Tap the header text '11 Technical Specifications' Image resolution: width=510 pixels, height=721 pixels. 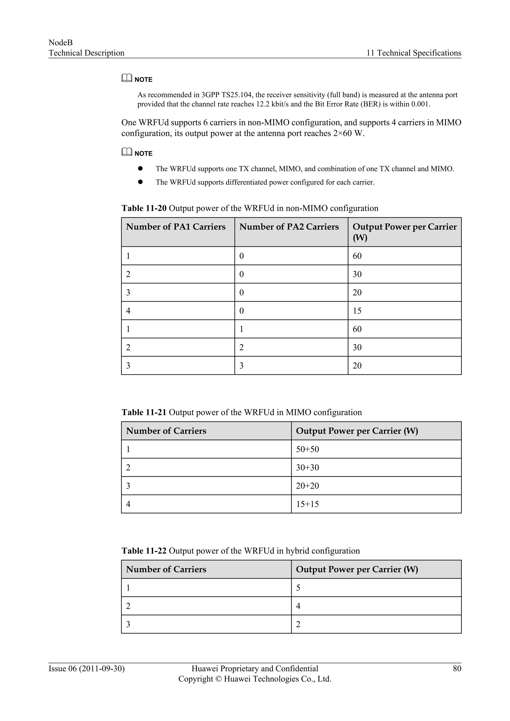point(414,53)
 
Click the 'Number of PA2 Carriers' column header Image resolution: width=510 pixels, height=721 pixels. point(289,227)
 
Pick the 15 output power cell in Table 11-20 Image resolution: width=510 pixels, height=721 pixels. point(357,311)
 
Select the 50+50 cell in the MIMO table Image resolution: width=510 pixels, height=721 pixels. point(308,449)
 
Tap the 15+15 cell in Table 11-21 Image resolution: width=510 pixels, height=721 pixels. point(308,504)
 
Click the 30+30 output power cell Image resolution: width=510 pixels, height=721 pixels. point(308,468)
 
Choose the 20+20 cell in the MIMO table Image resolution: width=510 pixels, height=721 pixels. point(308,486)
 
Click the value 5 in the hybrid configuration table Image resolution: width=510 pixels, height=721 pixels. point(298,588)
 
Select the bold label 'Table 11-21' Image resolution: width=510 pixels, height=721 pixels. point(144,412)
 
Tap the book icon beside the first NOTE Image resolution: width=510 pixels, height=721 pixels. point(127,78)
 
